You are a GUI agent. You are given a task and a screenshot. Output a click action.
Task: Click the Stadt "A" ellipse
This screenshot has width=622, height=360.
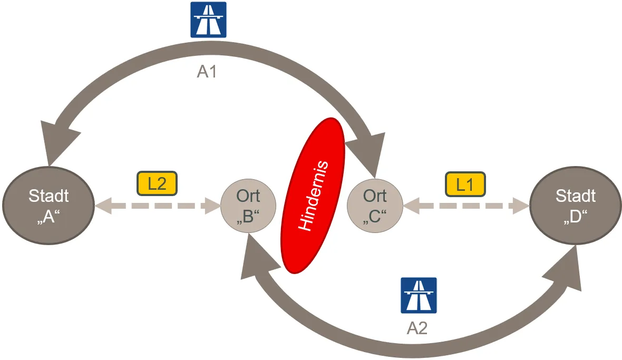click(x=48, y=206)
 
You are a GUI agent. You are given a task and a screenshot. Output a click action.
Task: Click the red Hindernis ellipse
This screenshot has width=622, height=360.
click(x=313, y=196)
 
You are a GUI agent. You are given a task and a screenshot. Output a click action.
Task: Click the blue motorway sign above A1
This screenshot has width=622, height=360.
click(x=208, y=20)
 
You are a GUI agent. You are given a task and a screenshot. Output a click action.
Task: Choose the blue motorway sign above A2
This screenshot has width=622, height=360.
click(x=419, y=295)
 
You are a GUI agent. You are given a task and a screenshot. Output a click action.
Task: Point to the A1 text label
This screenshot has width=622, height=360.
click(x=207, y=72)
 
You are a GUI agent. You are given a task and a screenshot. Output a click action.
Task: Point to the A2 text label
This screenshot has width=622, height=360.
click(x=417, y=328)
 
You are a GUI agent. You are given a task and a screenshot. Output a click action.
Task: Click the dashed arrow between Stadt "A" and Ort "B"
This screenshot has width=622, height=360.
click(x=157, y=206)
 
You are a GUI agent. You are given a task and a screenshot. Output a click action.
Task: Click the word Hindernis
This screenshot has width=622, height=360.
click(x=313, y=196)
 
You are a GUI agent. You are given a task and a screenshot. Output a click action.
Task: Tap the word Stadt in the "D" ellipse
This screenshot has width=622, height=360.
click(x=576, y=196)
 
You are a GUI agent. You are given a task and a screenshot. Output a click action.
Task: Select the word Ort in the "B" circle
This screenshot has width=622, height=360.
click(x=248, y=196)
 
